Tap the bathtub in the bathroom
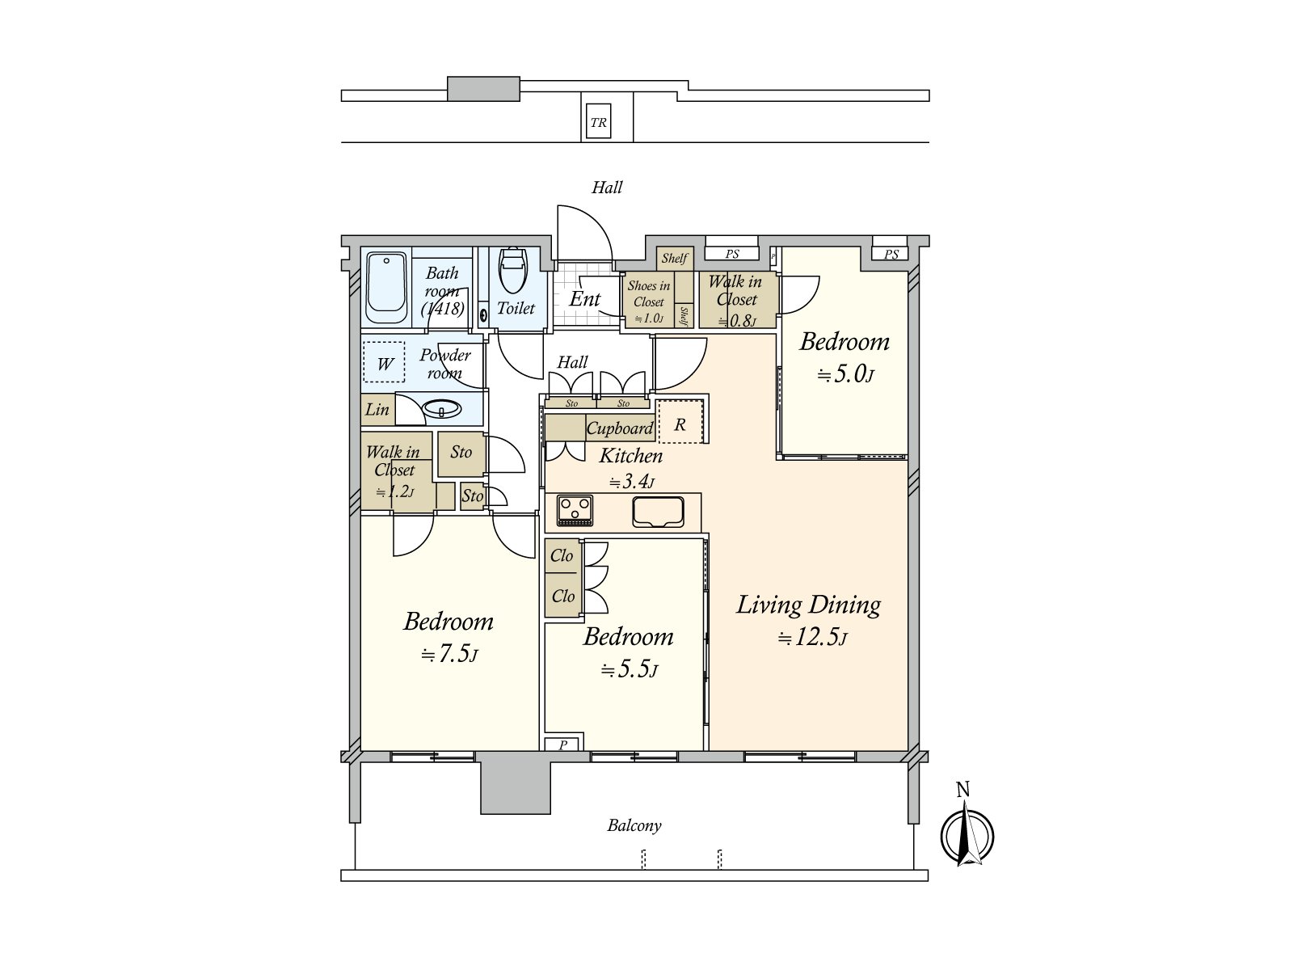[x=386, y=288]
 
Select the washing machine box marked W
[x=384, y=362]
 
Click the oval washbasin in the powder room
[x=442, y=409]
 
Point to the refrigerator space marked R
[x=680, y=422]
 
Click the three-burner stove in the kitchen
[x=575, y=511]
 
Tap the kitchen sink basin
[x=658, y=511]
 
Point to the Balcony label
[x=634, y=825]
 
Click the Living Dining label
[x=809, y=605]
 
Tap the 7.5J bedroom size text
[x=449, y=654]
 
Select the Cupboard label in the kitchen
[x=620, y=428]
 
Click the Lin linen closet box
[x=377, y=409]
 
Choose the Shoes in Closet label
[x=649, y=294]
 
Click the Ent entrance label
[x=584, y=298]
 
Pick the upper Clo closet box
[x=562, y=555]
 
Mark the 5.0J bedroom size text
[x=845, y=374]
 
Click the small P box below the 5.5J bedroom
[x=564, y=744]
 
